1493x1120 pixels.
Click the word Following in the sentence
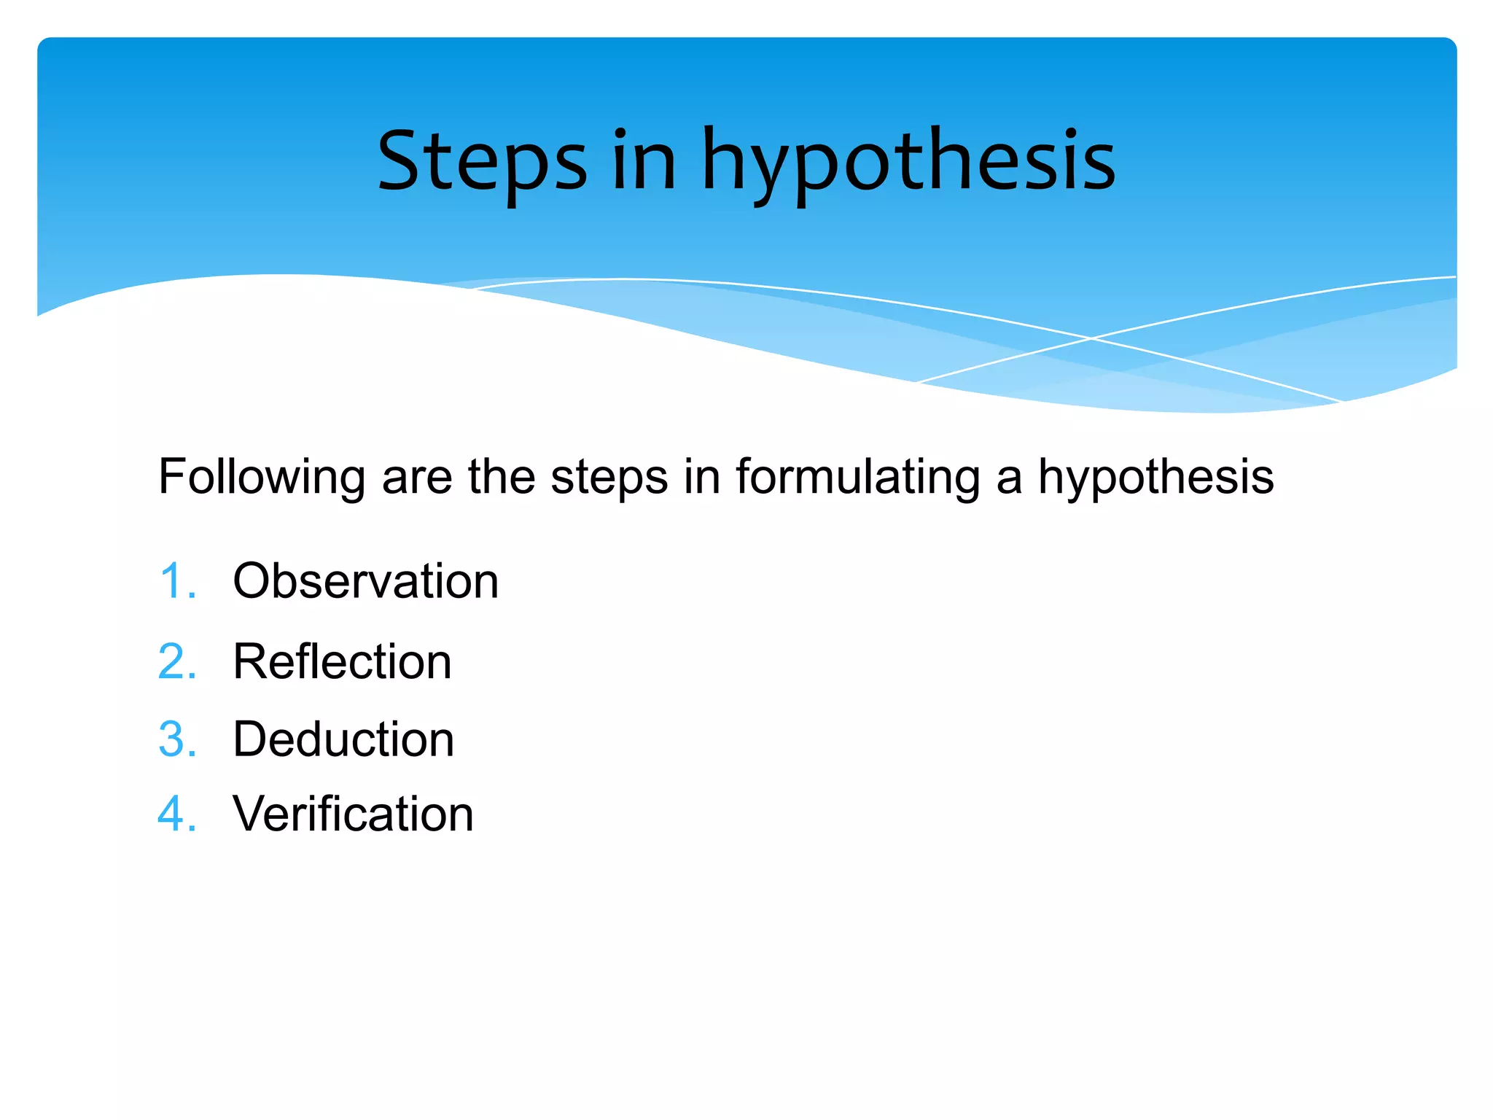pyautogui.click(x=262, y=478)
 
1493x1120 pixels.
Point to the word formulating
pyautogui.click(x=857, y=478)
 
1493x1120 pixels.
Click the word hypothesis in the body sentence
pyautogui.click(x=1155, y=478)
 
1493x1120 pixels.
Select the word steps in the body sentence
pyautogui.click(x=609, y=478)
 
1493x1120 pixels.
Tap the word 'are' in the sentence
pyautogui.click(x=417, y=478)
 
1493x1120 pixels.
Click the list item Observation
pyautogui.click(x=365, y=581)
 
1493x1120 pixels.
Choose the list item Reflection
pyautogui.click(x=342, y=662)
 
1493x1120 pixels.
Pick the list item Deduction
pyautogui.click(x=343, y=739)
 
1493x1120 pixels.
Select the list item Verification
pyautogui.click(x=353, y=814)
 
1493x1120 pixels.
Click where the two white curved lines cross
pyautogui.click(x=1091, y=338)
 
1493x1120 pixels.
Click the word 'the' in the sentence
pyautogui.click(x=502, y=478)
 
